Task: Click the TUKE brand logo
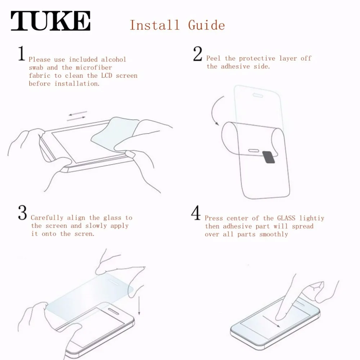(50, 21)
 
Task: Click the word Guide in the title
(206, 25)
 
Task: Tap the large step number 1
(22, 53)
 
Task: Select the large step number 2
(198, 54)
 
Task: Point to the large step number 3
(22, 213)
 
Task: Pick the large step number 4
(196, 213)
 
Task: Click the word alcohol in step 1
(114, 59)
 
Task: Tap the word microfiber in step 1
(94, 68)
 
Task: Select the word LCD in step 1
(107, 76)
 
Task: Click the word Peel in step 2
(213, 58)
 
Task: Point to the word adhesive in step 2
(235, 66)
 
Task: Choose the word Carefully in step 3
(46, 217)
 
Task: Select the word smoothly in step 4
(274, 234)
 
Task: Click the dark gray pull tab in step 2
(269, 157)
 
